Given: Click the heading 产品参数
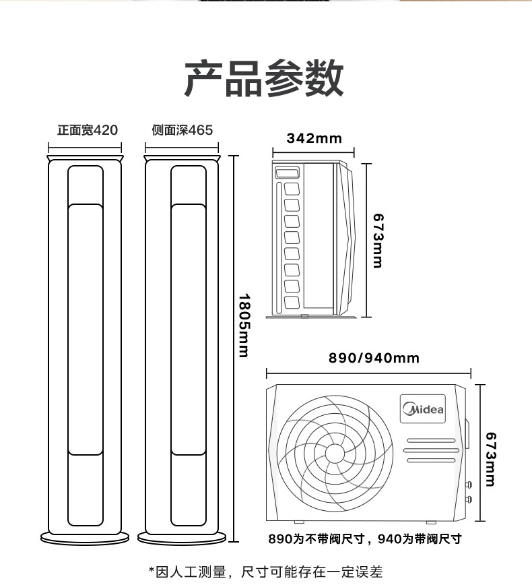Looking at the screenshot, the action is coord(263,79).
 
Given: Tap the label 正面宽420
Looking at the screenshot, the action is coord(88,130).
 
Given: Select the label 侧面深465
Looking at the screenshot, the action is coord(182,130).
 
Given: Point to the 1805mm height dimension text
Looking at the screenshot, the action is coord(244,326).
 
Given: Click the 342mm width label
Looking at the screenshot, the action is coord(314,138).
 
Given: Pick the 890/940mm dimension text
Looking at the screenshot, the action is coord(374,358).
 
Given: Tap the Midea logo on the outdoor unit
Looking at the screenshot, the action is coord(423,409).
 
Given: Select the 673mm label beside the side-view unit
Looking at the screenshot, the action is coord(378,241).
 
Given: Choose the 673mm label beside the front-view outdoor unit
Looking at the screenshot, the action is coord(491,459).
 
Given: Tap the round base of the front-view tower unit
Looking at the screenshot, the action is coord(85,538).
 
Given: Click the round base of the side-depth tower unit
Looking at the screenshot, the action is coord(182,538).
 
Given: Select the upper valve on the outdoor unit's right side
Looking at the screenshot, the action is coord(469,485).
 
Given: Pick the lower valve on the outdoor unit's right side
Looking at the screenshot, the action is coord(469,499).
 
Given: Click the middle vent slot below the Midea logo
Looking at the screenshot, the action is coord(432,450).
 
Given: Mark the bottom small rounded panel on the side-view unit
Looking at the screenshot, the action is coord(292,302).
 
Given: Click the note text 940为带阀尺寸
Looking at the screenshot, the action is coord(420,538).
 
